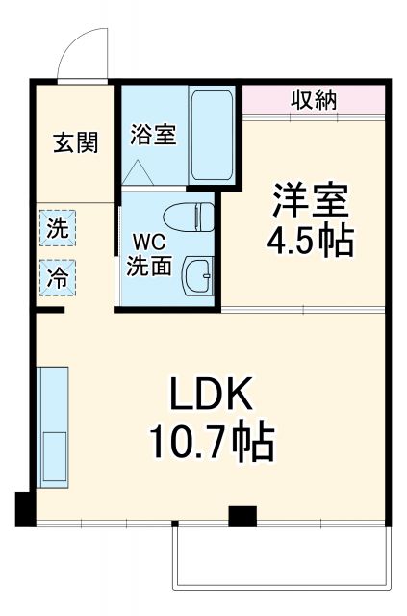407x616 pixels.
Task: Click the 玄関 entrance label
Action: coord(75,143)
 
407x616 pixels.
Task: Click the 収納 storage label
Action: coord(313,99)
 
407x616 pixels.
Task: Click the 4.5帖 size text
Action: coord(310,241)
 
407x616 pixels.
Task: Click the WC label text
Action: coord(149,241)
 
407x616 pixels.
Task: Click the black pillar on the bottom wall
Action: coord(242,516)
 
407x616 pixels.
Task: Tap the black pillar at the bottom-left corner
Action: coord(23,506)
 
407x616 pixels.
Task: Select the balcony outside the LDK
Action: coord(281,558)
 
